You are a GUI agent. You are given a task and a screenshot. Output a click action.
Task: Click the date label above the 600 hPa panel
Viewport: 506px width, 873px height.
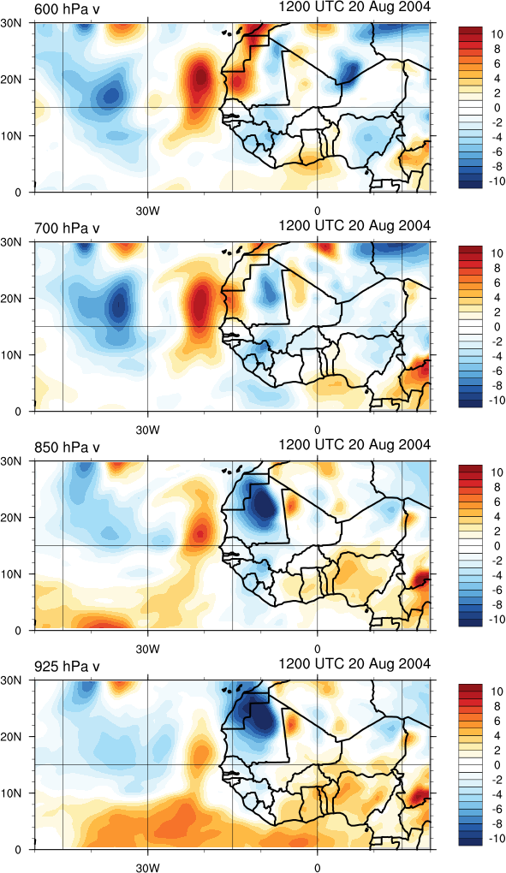point(354,7)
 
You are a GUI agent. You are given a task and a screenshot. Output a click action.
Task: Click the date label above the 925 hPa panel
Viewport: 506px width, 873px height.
point(354,663)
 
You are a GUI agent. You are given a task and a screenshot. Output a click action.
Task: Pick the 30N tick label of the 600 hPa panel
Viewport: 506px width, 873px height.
point(10,23)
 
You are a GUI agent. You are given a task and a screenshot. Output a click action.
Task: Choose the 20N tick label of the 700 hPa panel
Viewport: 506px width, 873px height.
point(10,299)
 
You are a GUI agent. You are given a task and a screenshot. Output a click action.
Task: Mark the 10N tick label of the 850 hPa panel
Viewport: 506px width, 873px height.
point(10,574)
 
